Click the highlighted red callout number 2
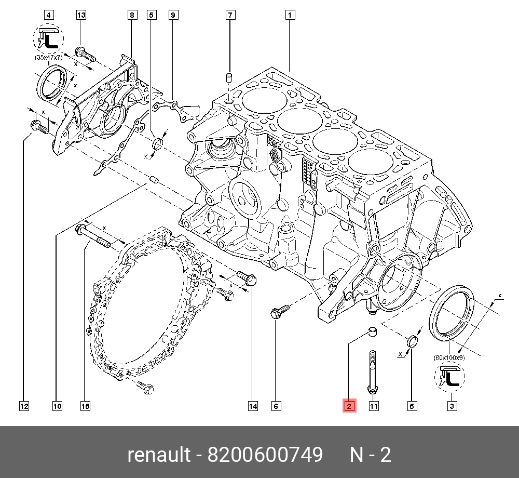coord(349,406)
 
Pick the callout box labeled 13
coord(81,15)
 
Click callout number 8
coord(132,15)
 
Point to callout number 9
coord(173,15)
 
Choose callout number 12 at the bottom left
coord(24,406)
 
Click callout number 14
coord(253,406)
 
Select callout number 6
coord(276,406)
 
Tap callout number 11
coord(374,406)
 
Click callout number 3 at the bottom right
coord(452,406)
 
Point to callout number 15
coord(85,406)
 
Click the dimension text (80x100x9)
coord(449,357)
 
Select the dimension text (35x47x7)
coord(48,58)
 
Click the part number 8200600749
coord(265,455)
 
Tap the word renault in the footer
coord(159,455)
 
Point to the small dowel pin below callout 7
coord(227,79)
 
